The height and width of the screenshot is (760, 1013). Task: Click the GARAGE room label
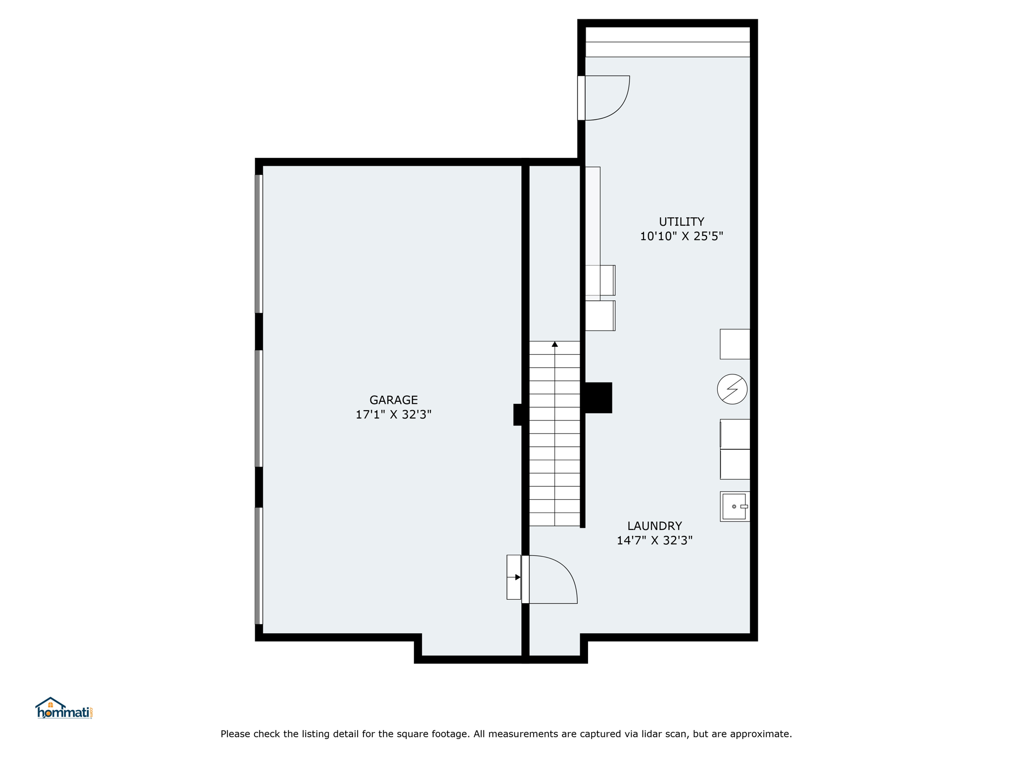coord(393,400)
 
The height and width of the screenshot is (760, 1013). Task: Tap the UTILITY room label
coord(681,222)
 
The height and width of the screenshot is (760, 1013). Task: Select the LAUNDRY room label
coord(654,526)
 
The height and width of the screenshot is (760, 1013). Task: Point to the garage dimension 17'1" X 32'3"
coord(393,415)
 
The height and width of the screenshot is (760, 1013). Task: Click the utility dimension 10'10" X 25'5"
coord(681,237)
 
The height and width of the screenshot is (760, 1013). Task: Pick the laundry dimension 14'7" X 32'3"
coord(654,540)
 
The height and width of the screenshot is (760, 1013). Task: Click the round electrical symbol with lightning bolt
coord(732,389)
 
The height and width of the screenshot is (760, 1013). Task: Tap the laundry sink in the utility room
coord(735,506)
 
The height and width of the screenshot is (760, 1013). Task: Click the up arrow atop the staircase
coord(555,344)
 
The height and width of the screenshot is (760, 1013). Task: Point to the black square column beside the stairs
coord(599,398)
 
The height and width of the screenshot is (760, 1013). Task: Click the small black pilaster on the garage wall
coord(518,415)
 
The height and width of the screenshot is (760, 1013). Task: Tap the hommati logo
coord(64,708)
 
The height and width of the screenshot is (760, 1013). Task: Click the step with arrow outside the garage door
coord(514,577)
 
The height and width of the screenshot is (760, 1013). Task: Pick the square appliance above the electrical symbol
coord(735,344)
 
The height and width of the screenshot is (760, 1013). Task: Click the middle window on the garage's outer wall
coord(259,408)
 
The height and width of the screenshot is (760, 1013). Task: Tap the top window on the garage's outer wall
coord(259,244)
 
